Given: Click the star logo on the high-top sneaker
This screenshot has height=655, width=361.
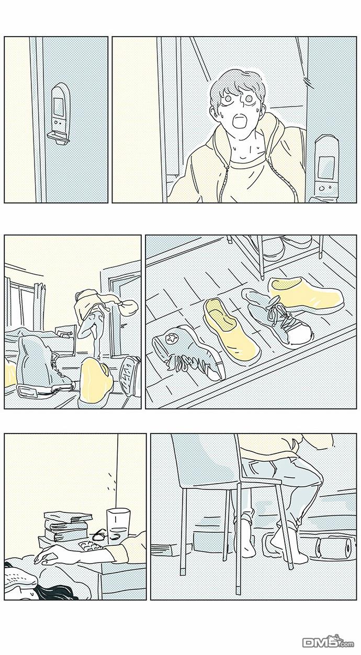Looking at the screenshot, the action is [x=170, y=338].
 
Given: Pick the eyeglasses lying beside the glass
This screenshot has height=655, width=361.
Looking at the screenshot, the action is [x=100, y=536].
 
